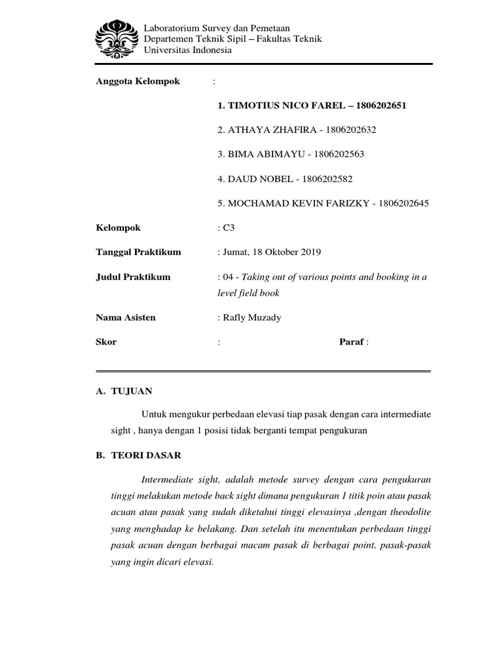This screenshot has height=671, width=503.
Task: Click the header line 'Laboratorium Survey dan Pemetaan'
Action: [216, 28]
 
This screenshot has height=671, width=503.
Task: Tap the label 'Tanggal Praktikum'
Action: [138, 252]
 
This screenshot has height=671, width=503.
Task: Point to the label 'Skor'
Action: [106, 342]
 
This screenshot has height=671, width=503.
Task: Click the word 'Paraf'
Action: [351, 342]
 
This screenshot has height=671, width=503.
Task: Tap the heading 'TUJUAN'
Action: [133, 391]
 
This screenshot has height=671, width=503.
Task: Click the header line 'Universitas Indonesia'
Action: [188, 50]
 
